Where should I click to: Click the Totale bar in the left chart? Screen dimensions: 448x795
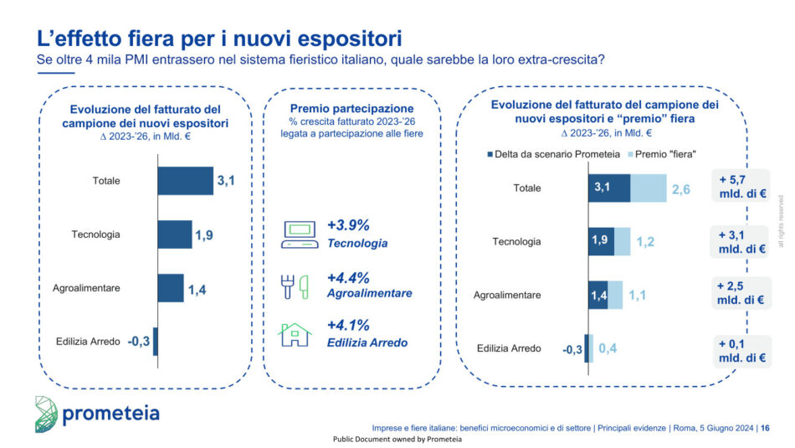pos(185,181)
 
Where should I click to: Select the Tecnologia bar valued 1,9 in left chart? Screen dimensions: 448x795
pos(174,234)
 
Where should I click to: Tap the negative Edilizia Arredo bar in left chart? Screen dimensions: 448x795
pos(156,341)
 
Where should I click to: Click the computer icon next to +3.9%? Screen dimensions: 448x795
pos(298,234)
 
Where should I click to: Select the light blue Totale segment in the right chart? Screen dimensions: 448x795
pos(649,188)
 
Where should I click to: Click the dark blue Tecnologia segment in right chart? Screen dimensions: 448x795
pos(601,241)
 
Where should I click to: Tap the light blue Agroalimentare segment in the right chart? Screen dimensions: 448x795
pos(615,295)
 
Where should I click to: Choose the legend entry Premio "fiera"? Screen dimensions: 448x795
pos(668,154)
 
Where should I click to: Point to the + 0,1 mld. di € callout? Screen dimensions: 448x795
pos(740,349)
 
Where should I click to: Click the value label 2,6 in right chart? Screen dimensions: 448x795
pos(680,189)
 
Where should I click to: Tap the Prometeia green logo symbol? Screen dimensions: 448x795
pos(47,413)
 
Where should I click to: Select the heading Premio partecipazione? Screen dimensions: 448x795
pos(351,109)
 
